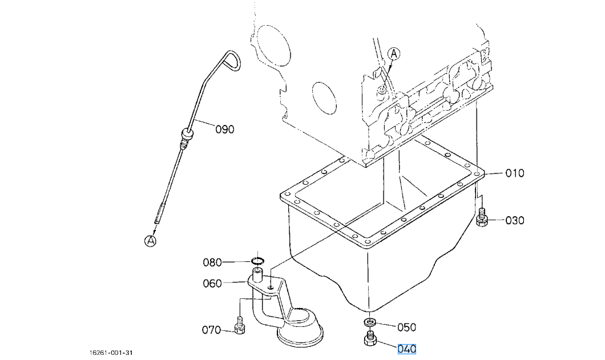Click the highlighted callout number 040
[x=407, y=349]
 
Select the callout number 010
[x=515, y=173]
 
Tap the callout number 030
[x=515, y=221]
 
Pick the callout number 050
[x=407, y=327]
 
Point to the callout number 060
[x=212, y=284]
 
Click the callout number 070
[x=211, y=330]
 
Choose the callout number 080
[x=212, y=263]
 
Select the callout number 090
[x=225, y=130]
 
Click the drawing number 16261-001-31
[x=111, y=353]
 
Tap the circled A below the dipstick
[x=151, y=241]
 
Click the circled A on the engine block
[x=394, y=54]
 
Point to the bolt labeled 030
[x=482, y=217]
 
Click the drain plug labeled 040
[x=370, y=338]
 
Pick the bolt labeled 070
[x=240, y=325]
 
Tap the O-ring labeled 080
[x=258, y=261]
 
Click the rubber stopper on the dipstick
[x=187, y=135]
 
